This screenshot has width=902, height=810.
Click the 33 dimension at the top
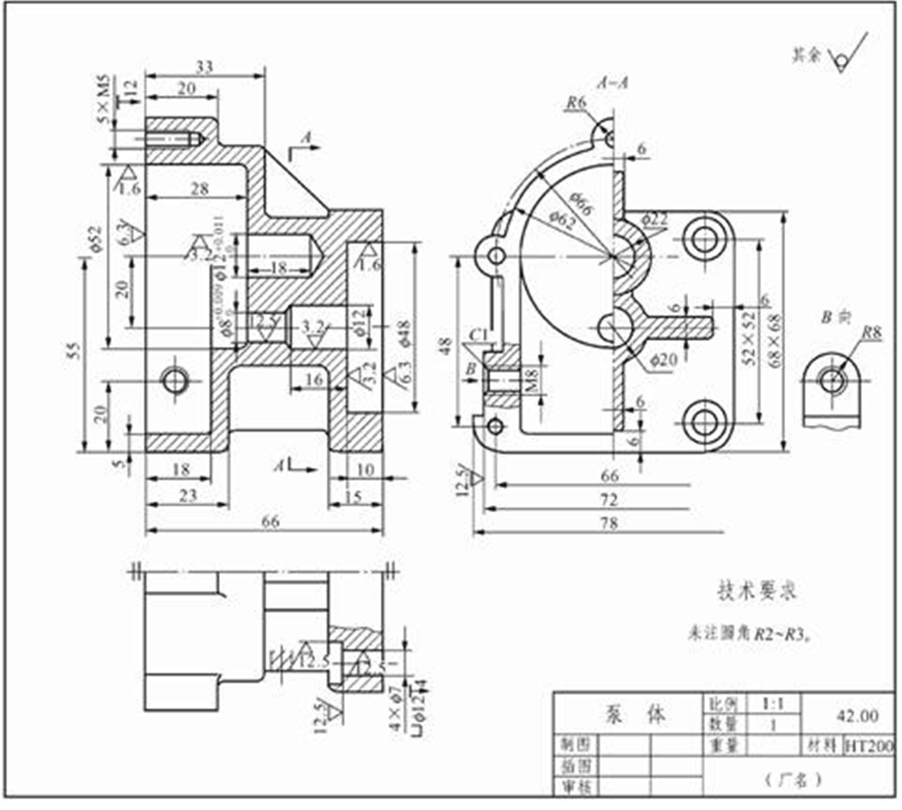pyautogui.click(x=205, y=67)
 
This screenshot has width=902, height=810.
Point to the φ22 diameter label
pyautogui.click(x=655, y=219)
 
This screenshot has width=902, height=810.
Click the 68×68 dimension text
pyautogui.click(x=775, y=328)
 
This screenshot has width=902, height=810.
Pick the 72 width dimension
pyautogui.click(x=609, y=500)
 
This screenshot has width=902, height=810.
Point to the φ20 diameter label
pyautogui.click(x=664, y=361)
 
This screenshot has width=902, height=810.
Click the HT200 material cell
pyautogui.click(x=868, y=746)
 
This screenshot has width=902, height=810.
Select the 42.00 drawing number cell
pyautogui.click(x=857, y=715)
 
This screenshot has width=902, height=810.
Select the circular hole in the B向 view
pyautogui.click(x=832, y=381)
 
